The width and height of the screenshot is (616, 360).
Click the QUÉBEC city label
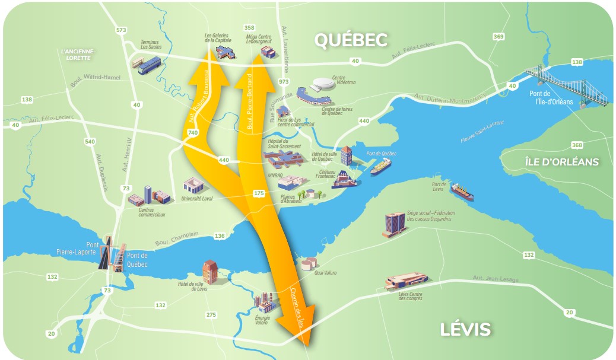351,40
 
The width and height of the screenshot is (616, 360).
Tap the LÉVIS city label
466,329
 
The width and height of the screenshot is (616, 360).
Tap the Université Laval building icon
193,186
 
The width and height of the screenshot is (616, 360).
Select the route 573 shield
122,30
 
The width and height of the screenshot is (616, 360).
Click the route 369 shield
498,37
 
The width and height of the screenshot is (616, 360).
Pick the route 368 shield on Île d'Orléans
576,145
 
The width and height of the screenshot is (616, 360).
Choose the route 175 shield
259,193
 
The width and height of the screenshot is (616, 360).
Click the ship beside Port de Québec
380,166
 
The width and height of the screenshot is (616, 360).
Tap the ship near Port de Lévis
462,192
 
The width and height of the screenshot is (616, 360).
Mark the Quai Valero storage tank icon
309,263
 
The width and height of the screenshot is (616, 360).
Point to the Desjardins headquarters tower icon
394,224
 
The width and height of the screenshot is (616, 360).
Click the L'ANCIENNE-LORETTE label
78,55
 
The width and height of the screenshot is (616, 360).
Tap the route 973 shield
284,81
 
